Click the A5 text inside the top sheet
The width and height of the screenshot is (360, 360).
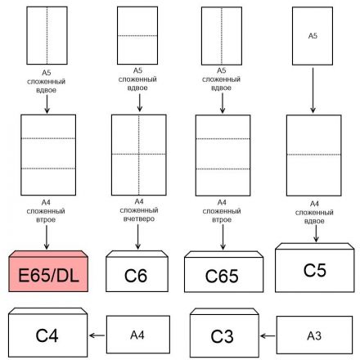click(x=312, y=36)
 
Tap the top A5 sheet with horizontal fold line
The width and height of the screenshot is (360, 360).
click(x=138, y=36)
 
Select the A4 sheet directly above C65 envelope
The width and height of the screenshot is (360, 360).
click(x=223, y=153)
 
